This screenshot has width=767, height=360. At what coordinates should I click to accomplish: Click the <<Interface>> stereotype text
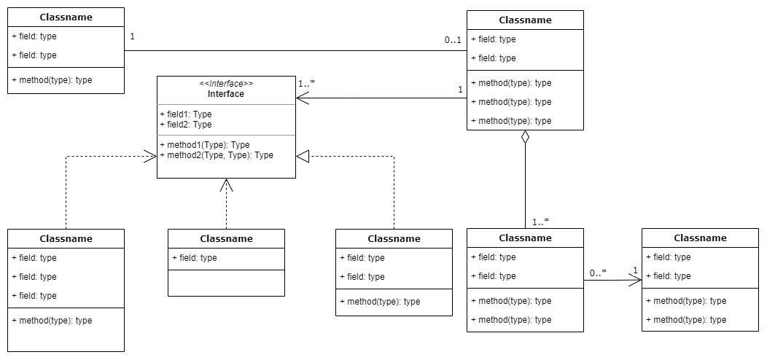(x=226, y=84)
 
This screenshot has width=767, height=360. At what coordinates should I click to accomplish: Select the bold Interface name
(x=226, y=94)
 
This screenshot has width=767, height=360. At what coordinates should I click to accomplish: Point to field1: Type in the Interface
(x=186, y=114)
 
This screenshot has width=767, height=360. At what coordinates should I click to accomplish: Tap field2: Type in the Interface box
(x=186, y=125)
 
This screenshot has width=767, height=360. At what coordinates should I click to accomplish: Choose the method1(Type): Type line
(x=205, y=145)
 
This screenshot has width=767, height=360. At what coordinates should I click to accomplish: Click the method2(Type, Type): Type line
(x=217, y=155)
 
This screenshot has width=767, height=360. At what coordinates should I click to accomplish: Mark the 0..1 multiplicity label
(x=453, y=40)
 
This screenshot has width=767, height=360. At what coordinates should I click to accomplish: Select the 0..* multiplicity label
(x=598, y=273)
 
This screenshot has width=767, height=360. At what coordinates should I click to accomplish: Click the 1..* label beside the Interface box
(x=306, y=83)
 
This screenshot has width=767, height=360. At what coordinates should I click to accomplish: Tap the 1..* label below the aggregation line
(x=540, y=222)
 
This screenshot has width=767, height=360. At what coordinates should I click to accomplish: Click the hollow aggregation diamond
(x=526, y=138)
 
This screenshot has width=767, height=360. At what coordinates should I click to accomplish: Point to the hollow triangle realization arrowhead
(x=303, y=156)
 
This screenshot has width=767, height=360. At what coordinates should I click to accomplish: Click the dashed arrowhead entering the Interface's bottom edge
(x=225, y=185)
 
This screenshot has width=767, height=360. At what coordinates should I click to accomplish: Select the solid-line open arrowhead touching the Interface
(x=303, y=98)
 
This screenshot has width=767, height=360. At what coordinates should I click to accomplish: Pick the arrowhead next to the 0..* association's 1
(x=635, y=281)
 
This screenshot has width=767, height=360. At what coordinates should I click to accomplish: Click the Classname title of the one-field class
(x=227, y=239)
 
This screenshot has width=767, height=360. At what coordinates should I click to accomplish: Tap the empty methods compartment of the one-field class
(x=227, y=283)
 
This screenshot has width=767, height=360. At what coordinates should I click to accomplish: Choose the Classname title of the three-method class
(x=526, y=20)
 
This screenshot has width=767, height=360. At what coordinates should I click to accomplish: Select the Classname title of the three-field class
(x=66, y=239)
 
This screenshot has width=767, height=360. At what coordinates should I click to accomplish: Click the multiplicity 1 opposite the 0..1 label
(x=132, y=36)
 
